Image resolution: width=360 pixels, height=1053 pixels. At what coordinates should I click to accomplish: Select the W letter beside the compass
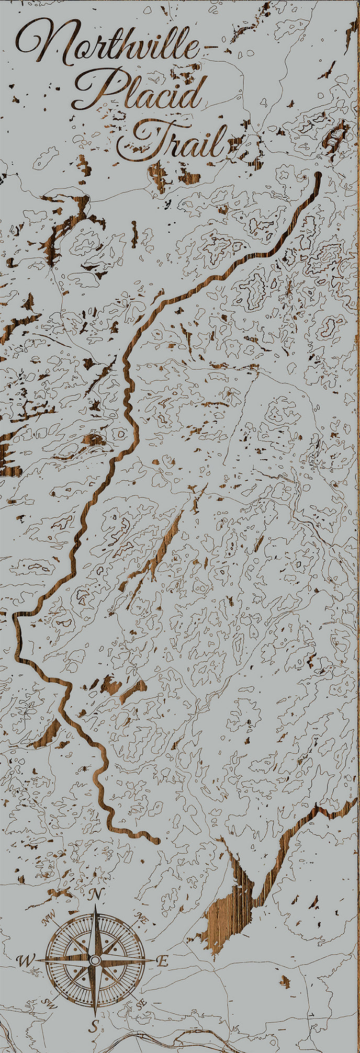click(24, 960)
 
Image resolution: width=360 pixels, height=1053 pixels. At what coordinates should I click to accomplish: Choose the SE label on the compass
click(140, 1004)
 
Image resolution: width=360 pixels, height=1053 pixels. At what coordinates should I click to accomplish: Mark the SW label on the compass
click(50, 1004)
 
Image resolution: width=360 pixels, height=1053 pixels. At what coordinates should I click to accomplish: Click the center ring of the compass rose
click(95, 960)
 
